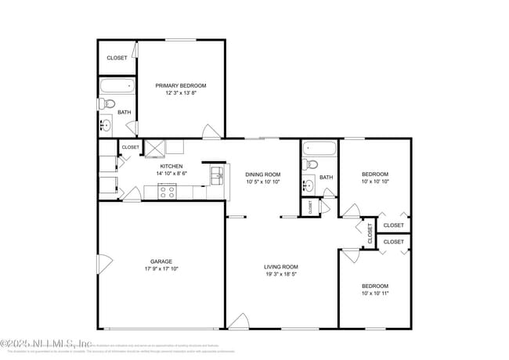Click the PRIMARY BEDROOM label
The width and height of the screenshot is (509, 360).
tap(180, 85)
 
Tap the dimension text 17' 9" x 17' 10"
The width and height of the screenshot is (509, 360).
tap(161, 269)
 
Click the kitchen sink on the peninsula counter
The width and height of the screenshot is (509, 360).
tap(217, 174)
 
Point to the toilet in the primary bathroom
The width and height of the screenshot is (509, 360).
tap(109, 103)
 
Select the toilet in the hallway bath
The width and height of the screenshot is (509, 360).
tap(311, 165)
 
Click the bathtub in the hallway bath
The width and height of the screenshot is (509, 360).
tap(319, 147)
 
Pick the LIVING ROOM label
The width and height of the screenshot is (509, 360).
tap(280, 267)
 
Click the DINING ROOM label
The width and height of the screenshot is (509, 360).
tap(262, 175)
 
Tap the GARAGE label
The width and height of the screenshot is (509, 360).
tap(161, 261)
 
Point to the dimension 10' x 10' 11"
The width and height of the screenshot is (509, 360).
tap(374, 293)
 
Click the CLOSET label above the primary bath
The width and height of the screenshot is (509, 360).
tap(117, 58)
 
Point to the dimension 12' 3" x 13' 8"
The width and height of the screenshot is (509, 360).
tap(180, 93)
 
